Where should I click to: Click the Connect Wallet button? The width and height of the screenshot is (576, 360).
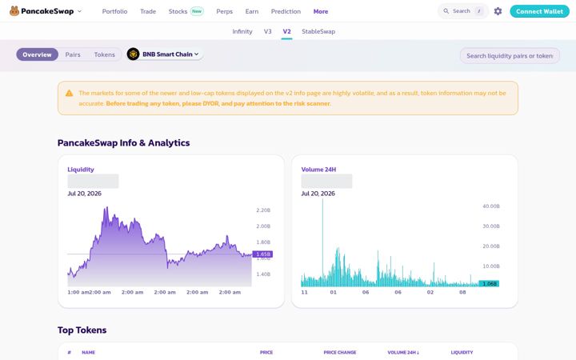pyautogui.click(x=539, y=11)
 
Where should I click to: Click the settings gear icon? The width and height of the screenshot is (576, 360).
pyautogui.click(x=498, y=11)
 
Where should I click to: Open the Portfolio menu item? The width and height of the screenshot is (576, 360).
pyautogui.click(x=114, y=11)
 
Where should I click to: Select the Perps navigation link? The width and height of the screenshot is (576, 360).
pyautogui.click(x=225, y=11)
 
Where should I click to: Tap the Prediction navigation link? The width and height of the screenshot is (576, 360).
pyautogui.click(x=286, y=11)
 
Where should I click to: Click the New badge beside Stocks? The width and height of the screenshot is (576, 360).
pyautogui.click(x=197, y=11)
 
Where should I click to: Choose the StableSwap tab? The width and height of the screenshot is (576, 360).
pyautogui.click(x=318, y=31)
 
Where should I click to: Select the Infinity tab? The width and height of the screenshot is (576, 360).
pyautogui.click(x=242, y=31)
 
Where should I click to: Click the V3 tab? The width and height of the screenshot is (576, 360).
pyautogui.click(x=268, y=31)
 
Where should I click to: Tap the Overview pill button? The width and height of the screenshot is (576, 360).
pyautogui.click(x=37, y=54)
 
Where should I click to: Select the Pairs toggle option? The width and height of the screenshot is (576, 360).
pyautogui.click(x=73, y=54)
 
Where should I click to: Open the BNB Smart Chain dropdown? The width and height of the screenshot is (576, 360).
pyautogui.click(x=165, y=54)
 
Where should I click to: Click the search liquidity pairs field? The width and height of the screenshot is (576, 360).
pyautogui.click(x=510, y=56)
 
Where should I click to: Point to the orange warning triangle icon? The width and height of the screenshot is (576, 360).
pyautogui.click(x=69, y=94)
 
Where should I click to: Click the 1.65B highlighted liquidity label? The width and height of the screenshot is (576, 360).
pyautogui.click(x=262, y=254)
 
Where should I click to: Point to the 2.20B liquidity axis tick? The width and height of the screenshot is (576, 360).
pyautogui.click(x=263, y=210)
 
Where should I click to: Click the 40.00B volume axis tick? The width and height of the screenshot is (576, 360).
pyautogui.click(x=491, y=206)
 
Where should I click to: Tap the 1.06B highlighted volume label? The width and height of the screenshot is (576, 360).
pyautogui.click(x=490, y=283)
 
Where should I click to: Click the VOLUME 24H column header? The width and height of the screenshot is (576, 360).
pyautogui.click(x=403, y=352)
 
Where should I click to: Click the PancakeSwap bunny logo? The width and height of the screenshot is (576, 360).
pyautogui.click(x=14, y=11)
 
